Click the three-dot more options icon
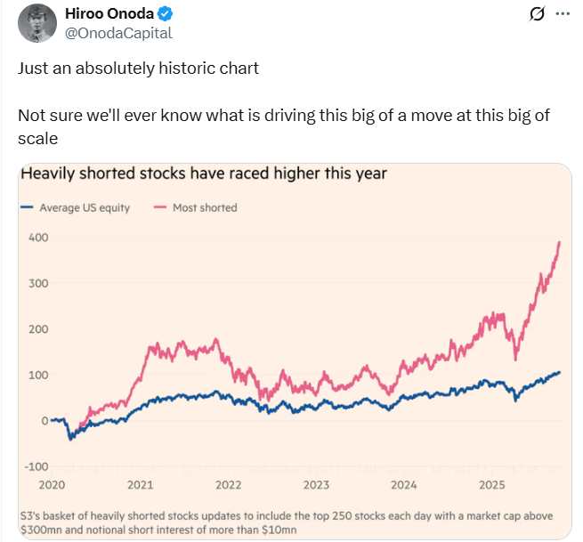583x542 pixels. [562, 14]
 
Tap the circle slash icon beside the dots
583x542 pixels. [536, 14]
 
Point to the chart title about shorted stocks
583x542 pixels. [204, 174]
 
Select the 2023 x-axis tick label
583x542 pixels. [316, 485]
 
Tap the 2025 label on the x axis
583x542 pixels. [490, 485]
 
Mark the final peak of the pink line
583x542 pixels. [560, 241]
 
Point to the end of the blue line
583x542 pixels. [560, 372]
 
